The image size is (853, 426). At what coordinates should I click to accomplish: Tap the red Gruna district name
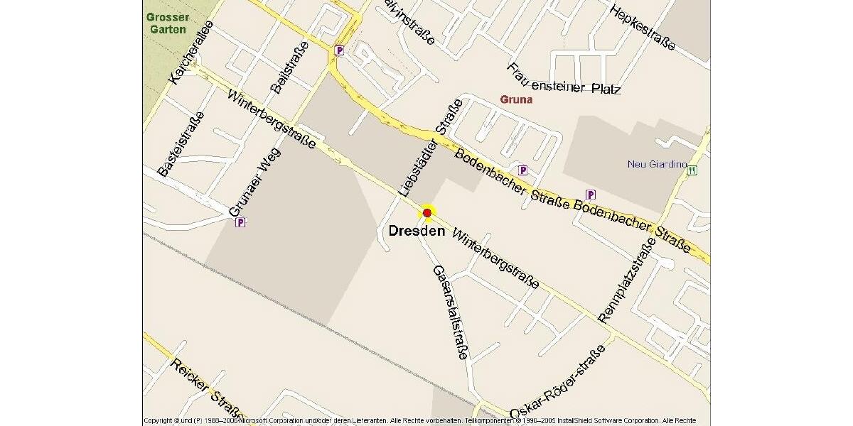(515, 100)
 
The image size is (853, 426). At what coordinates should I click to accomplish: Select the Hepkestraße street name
(643, 28)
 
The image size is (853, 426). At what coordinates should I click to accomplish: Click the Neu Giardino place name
(657, 164)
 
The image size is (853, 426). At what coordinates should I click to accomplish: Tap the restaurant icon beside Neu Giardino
(692, 170)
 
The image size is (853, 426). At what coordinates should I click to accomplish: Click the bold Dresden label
(417, 231)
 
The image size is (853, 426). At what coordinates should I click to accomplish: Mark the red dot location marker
(427, 212)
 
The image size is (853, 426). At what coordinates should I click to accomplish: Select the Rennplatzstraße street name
(626, 280)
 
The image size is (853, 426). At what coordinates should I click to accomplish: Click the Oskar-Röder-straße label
(557, 383)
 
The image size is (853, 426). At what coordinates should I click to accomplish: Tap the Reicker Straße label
(205, 388)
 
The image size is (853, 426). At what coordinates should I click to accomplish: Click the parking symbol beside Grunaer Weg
(240, 222)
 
